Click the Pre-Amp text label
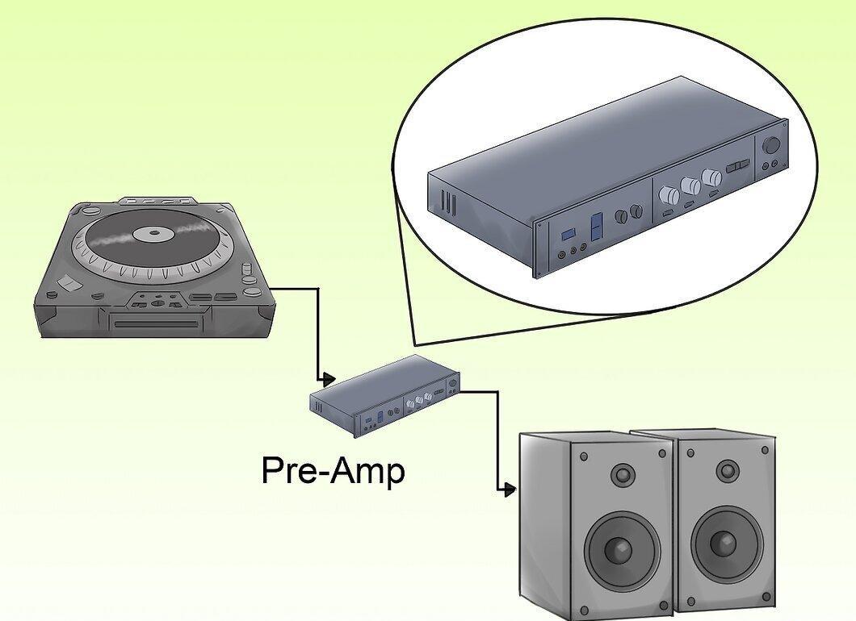click(x=333, y=470)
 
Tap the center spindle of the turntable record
click(x=154, y=233)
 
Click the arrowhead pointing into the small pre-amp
click(x=329, y=378)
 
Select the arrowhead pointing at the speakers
click(x=510, y=490)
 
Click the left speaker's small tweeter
click(x=623, y=474)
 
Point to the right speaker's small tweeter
click(x=727, y=470)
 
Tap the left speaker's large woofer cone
click(x=621, y=548)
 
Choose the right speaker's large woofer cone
click(x=726, y=542)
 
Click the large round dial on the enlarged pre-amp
click(x=771, y=146)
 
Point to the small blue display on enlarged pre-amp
click(x=568, y=234)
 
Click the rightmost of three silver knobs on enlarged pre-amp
click(x=711, y=177)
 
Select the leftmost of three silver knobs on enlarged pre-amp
click(x=669, y=194)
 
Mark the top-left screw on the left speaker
click(x=584, y=456)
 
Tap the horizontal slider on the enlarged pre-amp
click(x=738, y=166)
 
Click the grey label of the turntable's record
click(x=154, y=234)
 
